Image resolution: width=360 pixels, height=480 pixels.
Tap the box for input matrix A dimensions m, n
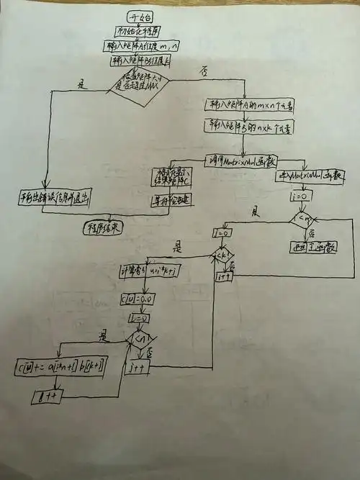145,45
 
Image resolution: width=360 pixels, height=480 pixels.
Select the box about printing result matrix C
171,178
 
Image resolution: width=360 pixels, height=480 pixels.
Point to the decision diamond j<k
222,255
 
